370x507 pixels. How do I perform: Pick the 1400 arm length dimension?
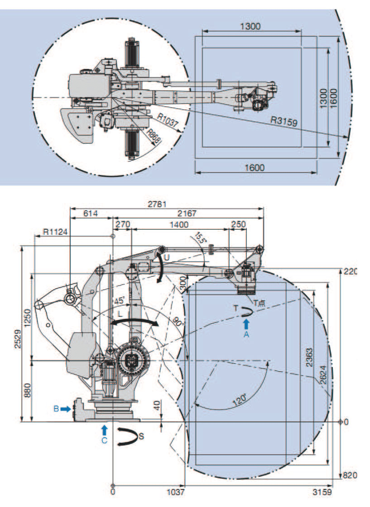point(179,224)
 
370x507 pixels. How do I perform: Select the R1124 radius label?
point(56,231)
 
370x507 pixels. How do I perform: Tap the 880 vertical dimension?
point(27,391)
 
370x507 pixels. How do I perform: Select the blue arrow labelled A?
point(246,323)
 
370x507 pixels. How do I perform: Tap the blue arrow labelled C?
point(105,429)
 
